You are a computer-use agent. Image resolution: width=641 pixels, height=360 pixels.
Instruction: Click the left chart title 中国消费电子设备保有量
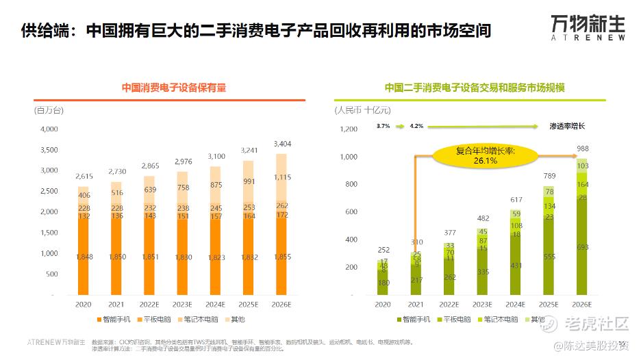coord(174,88)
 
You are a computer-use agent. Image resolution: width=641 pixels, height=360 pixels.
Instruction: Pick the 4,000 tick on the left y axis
coord(49,129)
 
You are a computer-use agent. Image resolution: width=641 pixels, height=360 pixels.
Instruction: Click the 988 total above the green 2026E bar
coord(582,149)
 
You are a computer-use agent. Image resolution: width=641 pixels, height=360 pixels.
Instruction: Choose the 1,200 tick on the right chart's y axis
coord(349,129)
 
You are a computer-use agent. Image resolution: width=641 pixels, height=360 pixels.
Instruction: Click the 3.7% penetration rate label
coord(383,126)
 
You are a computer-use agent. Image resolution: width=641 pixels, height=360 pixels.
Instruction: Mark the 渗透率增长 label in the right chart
coord(567,126)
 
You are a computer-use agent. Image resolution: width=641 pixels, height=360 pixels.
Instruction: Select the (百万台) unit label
coord(49,110)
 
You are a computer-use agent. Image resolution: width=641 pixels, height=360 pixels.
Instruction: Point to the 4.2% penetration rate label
coord(416,126)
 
